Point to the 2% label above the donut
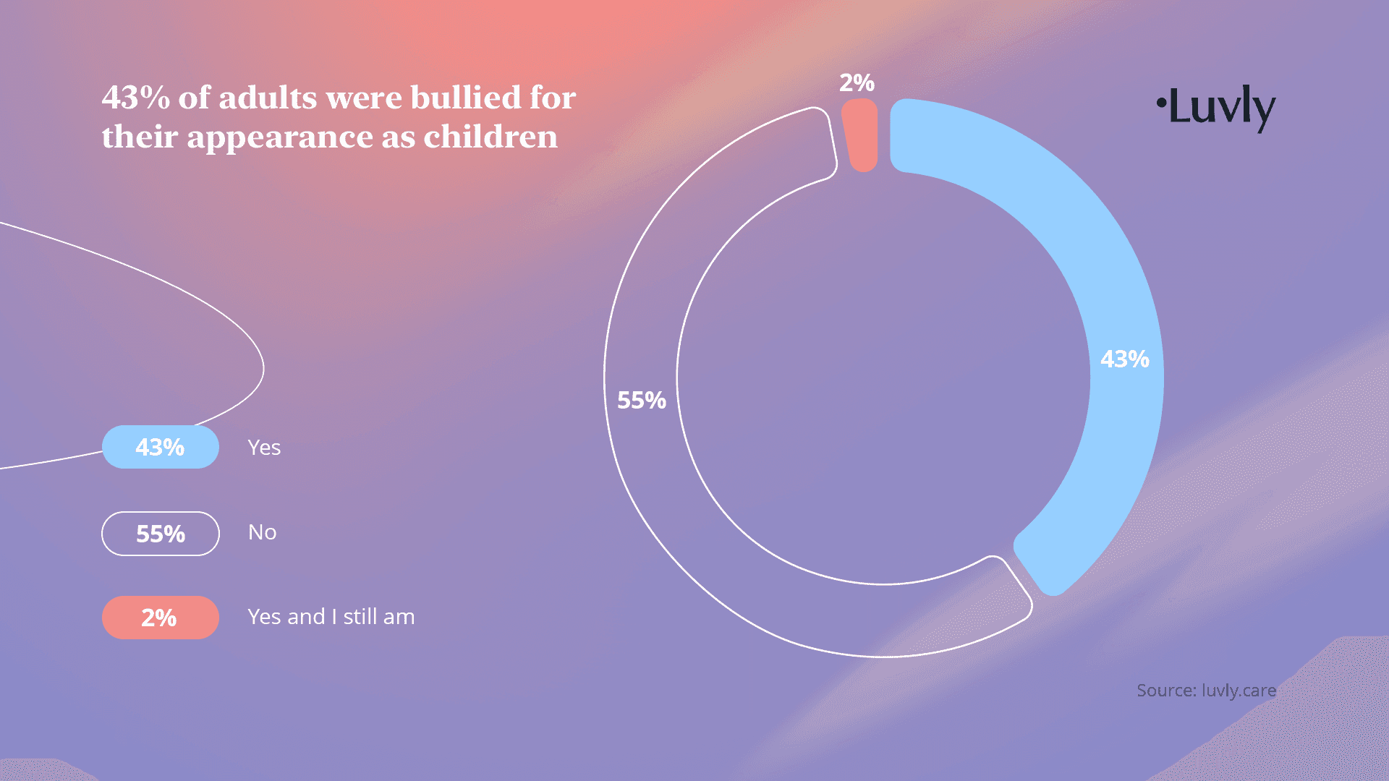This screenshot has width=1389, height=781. (x=857, y=83)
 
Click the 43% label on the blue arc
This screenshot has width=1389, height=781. (x=1124, y=359)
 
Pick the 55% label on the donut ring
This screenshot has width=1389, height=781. (x=641, y=400)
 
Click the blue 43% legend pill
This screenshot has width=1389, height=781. (x=160, y=448)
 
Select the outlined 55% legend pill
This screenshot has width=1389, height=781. (x=160, y=534)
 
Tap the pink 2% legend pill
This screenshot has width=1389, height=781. (x=160, y=618)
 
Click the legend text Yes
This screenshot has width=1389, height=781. (x=264, y=448)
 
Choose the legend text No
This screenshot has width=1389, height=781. (x=262, y=532)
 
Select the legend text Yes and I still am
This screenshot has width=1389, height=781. (x=331, y=617)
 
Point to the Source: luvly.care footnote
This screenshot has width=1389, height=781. (x=1206, y=691)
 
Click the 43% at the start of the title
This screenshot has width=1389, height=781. (x=135, y=98)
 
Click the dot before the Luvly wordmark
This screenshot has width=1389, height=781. (x=1160, y=102)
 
